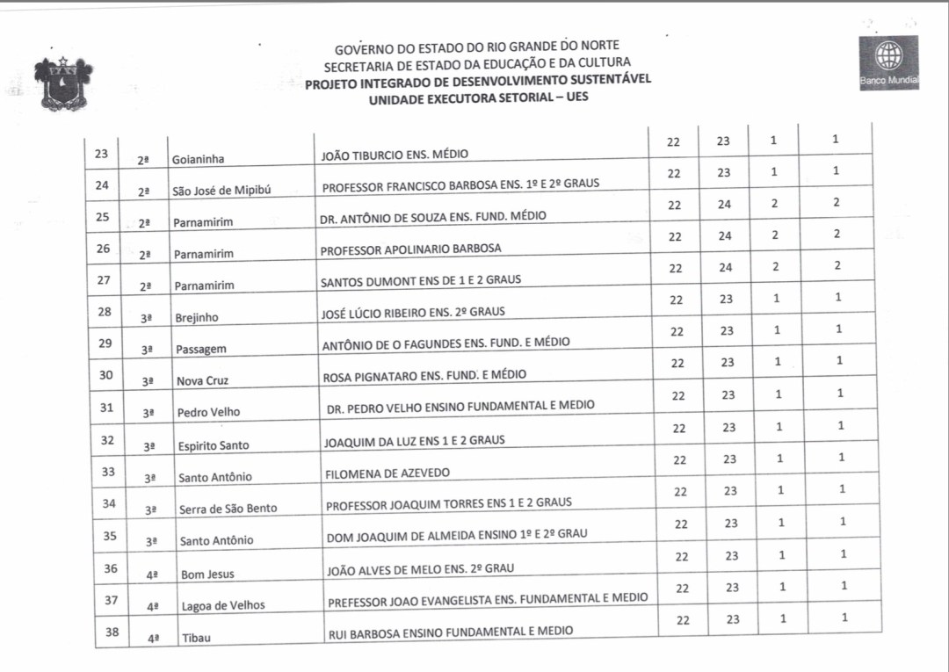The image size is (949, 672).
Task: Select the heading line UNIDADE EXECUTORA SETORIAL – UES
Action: [x=478, y=98]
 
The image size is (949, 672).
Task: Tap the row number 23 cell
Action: [x=101, y=154]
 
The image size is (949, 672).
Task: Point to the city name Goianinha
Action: [x=198, y=160]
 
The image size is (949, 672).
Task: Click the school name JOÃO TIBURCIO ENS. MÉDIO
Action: [x=395, y=155]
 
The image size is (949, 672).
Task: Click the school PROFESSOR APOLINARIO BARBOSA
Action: [x=410, y=249]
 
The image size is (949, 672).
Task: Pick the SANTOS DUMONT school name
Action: [x=420, y=280]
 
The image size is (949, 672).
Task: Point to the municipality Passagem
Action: [x=201, y=350]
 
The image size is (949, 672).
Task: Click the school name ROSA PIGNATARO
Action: [x=424, y=375]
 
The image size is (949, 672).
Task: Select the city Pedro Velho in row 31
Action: [x=208, y=413]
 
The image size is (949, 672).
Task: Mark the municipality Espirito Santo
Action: [x=214, y=445]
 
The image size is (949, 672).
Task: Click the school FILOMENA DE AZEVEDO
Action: [x=388, y=473]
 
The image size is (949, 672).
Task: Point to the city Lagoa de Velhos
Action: [x=222, y=606]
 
